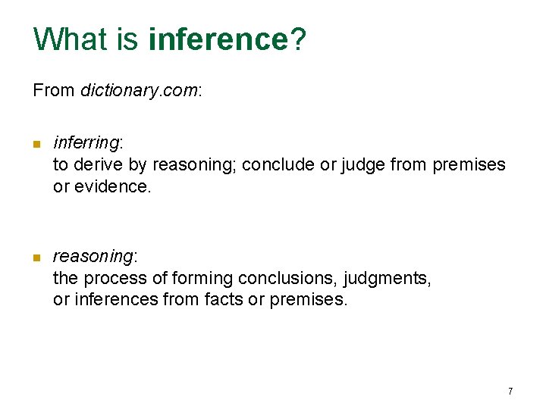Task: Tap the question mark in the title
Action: pyautogui.click(x=297, y=39)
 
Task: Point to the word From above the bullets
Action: pyautogui.click(x=54, y=91)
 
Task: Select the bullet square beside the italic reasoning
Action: pyautogui.click(x=36, y=258)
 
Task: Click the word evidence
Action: pyautogui.click(x=112, y=186)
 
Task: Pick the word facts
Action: pyautogui.click(x=224, y=300)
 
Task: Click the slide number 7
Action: pyautogui.click(x=510, y=391)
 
